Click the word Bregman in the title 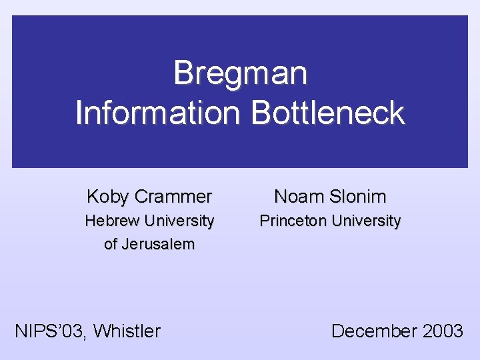pos(240,73)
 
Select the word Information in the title pos(159,113)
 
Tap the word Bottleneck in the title pos(327,113)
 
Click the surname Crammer pos(173,197)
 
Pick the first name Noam pos(297,197)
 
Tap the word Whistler pos(127,331)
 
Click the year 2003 pos(441,331)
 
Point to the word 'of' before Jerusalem pos(111,244)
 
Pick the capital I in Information pos(80,113)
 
